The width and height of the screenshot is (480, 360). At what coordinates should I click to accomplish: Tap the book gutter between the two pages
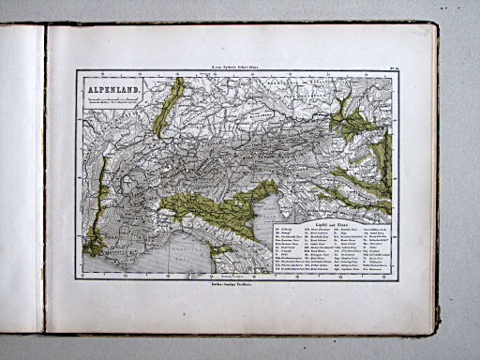[x=44, y=178]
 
